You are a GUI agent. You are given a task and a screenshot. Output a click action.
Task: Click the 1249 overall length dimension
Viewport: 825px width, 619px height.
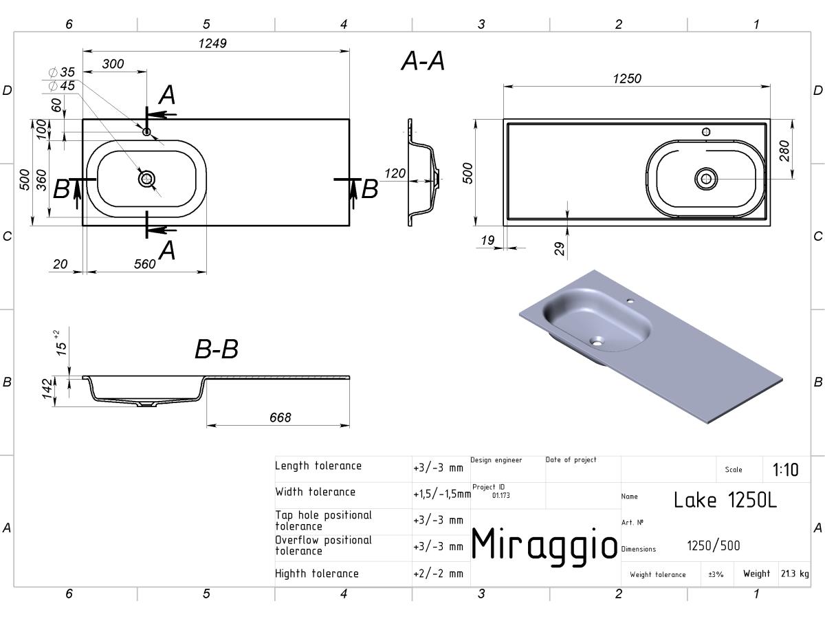point(212,43)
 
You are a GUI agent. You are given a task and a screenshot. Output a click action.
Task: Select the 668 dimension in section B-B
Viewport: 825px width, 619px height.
point(280,417)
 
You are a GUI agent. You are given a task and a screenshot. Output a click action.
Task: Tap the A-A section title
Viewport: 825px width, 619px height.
point(423,61)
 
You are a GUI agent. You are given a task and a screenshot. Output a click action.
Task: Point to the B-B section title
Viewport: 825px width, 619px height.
point(217,349)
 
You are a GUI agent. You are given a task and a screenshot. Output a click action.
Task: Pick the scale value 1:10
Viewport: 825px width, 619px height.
point(785,470)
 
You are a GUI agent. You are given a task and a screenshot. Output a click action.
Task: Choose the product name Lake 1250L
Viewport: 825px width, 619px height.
point(725,500)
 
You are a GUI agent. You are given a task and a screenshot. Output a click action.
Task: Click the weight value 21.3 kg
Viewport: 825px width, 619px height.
point(795,574)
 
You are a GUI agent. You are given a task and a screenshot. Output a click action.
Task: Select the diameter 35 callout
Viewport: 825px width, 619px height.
point(62,72)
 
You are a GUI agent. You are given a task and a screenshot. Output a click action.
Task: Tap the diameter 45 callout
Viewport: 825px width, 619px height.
point(62,86)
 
